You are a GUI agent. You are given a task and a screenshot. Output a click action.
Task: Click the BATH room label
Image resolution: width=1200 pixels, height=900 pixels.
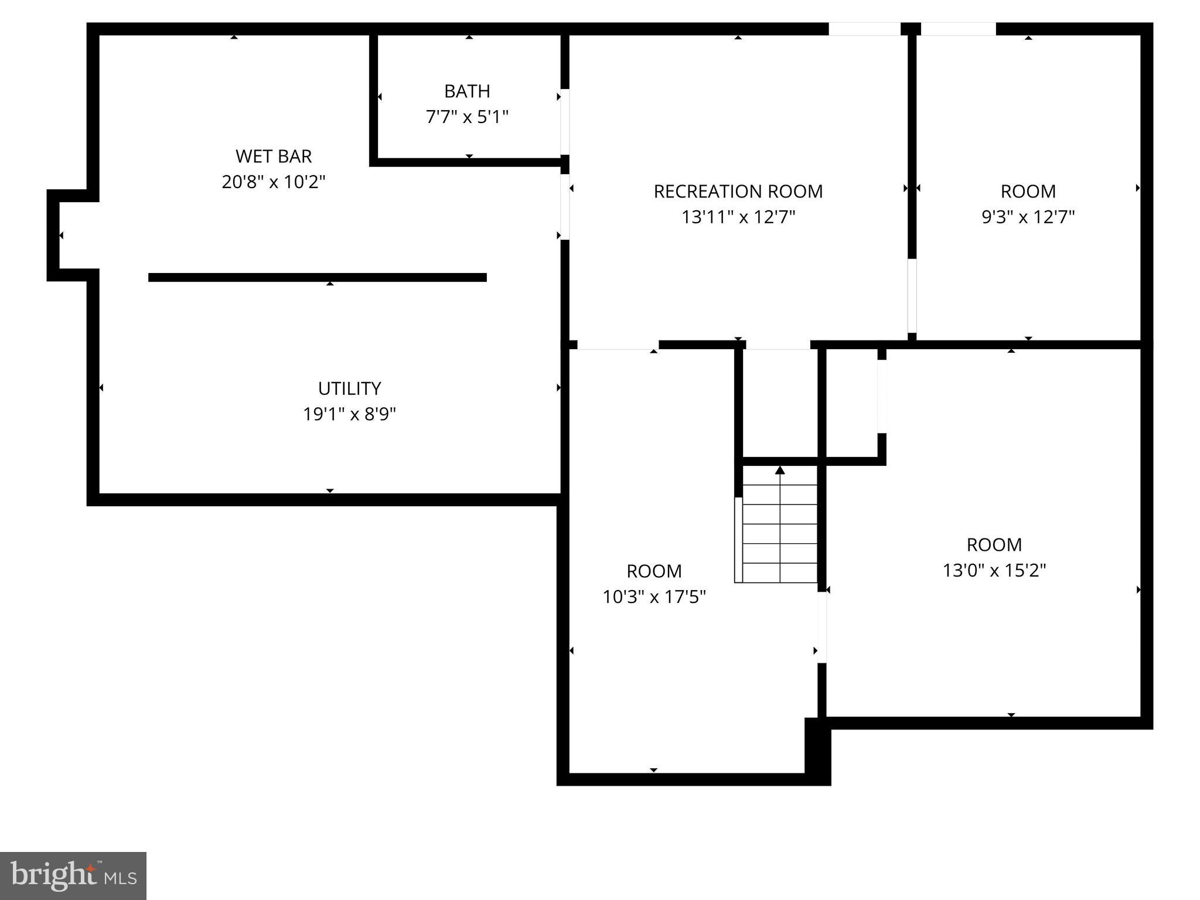(x=467, y=91)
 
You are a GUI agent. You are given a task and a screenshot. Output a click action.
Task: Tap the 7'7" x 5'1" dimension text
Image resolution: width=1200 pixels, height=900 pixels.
(x=467, y=117)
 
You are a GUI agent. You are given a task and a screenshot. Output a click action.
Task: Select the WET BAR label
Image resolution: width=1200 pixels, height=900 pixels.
(x=274, y=156)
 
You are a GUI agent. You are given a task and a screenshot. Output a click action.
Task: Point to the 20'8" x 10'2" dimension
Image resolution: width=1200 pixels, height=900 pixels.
(x=274, y=182)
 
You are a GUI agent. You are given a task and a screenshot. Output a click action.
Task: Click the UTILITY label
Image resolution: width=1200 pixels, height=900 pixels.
(x=349, y=388)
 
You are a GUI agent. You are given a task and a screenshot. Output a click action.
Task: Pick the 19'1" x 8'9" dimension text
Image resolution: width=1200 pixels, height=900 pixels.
(x=349, y=414)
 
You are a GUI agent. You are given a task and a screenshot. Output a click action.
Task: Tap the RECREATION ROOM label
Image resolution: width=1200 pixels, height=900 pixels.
(x=738, y=192)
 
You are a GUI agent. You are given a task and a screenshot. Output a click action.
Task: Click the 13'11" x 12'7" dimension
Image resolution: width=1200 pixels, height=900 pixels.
(x=738, y=217)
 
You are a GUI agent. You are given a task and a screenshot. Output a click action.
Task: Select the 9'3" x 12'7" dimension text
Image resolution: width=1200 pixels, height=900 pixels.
(x=1028, y=217)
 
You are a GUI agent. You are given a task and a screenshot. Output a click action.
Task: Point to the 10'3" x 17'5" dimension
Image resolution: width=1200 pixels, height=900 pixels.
(x=654, y=597)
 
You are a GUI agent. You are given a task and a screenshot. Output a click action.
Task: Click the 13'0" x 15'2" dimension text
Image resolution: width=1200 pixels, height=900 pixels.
(x=994, y=570)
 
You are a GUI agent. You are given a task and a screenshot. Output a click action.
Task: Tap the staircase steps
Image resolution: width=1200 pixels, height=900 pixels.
(x=779, y=533)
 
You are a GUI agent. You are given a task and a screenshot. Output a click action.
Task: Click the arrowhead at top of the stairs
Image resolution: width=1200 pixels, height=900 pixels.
(x=780, y=470)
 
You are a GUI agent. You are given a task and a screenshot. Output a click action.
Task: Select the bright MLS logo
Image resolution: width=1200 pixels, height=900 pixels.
(x=73, y=875)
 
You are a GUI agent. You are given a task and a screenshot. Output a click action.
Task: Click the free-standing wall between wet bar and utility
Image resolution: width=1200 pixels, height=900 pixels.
(x=317, y=277)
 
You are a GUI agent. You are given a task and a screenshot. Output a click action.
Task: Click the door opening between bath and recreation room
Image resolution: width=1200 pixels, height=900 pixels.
(x=565, y=122)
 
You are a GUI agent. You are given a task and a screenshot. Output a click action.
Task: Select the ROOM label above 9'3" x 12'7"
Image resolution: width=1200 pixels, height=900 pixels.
(x=1028, y=192)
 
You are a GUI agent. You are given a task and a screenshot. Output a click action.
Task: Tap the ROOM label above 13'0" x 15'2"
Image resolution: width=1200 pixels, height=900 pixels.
(x=994, y=545)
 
